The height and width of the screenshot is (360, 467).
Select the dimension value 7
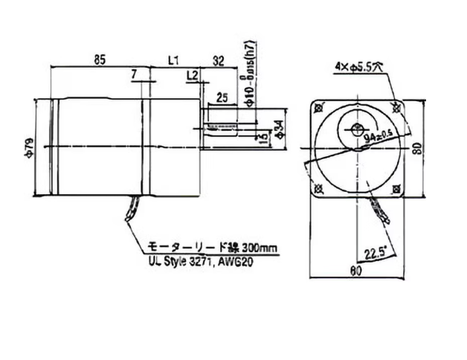pyautogui.click(x=133, y=73)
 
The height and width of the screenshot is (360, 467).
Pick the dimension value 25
pyautogui.click(x=222, y=96)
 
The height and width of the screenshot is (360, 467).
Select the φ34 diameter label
pyautogui.click(x=277, y=132)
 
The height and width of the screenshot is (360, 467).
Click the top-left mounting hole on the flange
pyautogui.click(x=321, y=109)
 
